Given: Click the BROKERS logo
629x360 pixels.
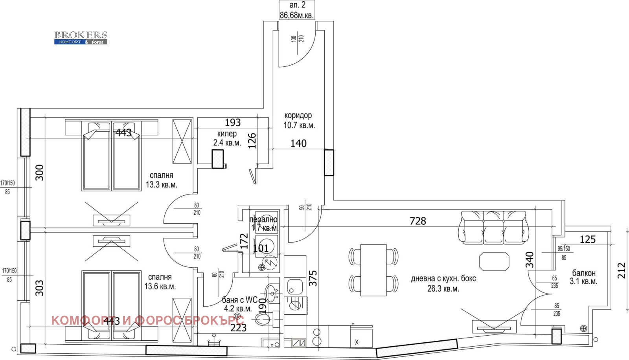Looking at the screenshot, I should [x=81, y=38].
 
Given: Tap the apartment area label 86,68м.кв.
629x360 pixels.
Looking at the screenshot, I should [x=297, y=15].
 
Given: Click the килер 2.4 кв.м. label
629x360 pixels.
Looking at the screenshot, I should [x=227, y=138].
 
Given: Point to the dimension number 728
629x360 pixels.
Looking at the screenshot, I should [x=417, y=221].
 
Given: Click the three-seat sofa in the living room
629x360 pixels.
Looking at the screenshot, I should [x=493, y=228].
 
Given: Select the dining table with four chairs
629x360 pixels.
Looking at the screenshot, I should [x=373, y=270].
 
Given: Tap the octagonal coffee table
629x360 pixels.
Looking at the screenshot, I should [x=494, y=261].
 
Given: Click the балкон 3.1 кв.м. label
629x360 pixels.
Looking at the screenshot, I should [x=583, y=277].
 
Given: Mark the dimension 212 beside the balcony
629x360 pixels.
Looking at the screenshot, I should [x=621, y=271].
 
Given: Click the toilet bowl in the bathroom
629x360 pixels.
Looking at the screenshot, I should [x=263, y=318].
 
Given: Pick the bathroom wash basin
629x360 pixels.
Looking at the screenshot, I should [x=272, y=293].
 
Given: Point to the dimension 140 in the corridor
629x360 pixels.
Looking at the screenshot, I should [x=298, y=143].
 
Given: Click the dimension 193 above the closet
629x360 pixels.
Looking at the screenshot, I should [x=233, y=123].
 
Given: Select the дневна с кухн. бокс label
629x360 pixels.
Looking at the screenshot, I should [x=443, y=283].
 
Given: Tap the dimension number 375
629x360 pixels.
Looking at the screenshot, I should [x=313, y=278].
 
